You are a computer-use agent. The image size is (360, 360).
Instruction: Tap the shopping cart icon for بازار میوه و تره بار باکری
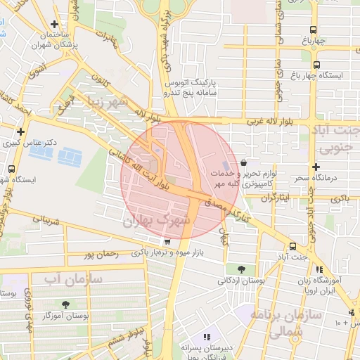(x=167, y=241)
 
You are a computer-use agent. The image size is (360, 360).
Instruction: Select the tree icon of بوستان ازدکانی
(x=242, y=269)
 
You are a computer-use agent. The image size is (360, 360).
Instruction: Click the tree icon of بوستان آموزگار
(x=65, y=304)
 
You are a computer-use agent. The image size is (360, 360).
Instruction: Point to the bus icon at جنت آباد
(x=292, y=246)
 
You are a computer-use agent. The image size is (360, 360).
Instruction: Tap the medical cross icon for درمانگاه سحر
(x=316, y=167)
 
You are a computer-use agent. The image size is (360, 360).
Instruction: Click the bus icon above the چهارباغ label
(x=314, y=30)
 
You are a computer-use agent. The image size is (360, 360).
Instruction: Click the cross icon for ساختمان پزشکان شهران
(x=53, y=24)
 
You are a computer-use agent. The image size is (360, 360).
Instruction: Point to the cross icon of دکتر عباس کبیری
(x=21, y=131)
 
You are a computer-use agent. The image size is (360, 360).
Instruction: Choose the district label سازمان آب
(x=74, y=279)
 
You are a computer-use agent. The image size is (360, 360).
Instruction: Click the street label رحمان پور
(x=98, y=253)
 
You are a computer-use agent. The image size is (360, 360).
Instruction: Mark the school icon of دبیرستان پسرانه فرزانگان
(x=206, y=337)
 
